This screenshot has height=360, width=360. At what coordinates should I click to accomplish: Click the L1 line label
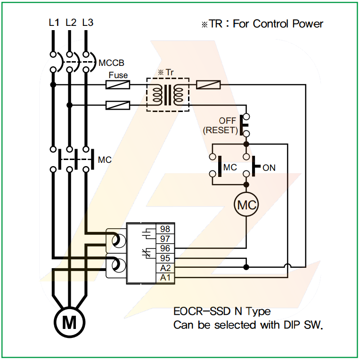54,22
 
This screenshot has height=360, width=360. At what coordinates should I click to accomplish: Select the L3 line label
88,22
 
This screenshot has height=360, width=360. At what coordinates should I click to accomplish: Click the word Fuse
118,75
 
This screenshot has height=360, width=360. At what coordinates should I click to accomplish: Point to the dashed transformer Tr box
168,95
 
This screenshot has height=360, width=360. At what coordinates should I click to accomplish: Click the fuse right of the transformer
208,85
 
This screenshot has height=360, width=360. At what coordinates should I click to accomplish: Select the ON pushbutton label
269,168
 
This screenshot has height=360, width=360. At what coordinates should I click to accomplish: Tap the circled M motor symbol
69,322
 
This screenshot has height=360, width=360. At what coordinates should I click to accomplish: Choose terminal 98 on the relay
165,229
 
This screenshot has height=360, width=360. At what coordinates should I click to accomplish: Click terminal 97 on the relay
165,239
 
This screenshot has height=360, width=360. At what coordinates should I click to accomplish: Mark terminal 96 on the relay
165,248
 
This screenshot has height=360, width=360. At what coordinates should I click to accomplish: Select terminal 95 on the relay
165,258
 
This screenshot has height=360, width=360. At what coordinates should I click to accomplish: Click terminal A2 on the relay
165,268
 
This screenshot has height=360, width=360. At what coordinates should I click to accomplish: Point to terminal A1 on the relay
165,278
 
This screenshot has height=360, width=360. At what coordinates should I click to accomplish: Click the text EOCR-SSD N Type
222,312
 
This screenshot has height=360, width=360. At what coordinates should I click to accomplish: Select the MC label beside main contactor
105,160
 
